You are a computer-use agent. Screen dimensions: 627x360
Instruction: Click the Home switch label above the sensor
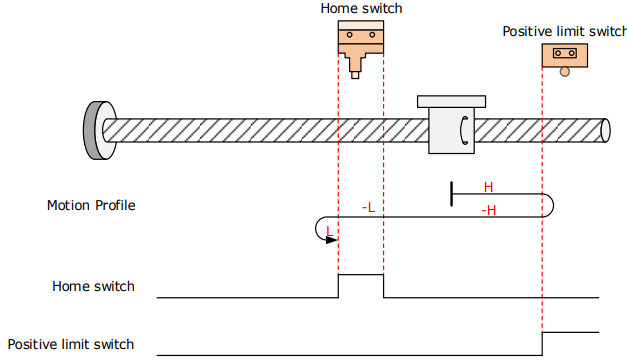pos(361,8)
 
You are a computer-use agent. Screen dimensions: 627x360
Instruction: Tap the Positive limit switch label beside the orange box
pos(564,31)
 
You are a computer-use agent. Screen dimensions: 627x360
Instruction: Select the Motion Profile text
pos(91,205)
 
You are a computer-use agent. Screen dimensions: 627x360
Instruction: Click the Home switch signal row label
pos(93,286)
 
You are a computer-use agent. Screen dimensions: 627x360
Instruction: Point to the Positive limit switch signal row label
pos(71,344)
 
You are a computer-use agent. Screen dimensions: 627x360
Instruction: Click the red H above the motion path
pos(488,187)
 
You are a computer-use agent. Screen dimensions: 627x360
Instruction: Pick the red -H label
pos(489,210)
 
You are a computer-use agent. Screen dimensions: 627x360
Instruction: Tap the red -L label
pos(368,208)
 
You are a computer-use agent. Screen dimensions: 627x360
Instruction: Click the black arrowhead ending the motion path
pos(332,240)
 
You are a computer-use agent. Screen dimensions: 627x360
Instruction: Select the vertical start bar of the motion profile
pos(451,194)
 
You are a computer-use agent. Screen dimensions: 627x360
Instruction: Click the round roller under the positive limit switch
pos(565,72)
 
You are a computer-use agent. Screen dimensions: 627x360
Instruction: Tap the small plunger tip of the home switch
pos(355,75)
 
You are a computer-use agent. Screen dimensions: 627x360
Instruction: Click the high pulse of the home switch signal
pos(361,275)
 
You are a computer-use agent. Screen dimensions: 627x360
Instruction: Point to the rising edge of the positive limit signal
pos(543,344)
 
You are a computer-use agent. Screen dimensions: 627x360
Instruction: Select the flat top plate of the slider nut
pos(451,102)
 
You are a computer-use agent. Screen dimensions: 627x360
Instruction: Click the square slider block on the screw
pos(451,130)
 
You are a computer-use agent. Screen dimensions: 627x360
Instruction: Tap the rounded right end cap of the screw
pos(606,130)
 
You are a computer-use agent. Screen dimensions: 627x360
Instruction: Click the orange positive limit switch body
pos(565,55)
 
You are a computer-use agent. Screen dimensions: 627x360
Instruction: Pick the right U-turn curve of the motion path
pos(553,206)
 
